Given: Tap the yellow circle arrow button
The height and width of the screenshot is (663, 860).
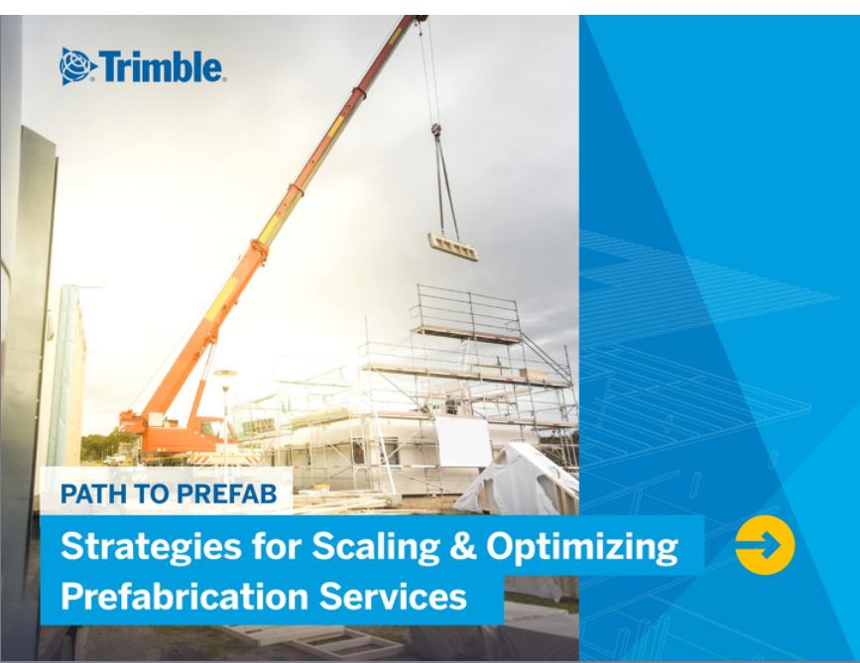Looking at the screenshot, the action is coord(765,545).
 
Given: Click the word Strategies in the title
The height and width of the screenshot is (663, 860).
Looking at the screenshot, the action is coord(151,547).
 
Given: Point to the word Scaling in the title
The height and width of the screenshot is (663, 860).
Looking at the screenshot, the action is coord(376,547).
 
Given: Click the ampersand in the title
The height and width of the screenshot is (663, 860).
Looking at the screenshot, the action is coord(463,546).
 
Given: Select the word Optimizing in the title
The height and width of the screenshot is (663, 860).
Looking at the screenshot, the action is coord(582,547).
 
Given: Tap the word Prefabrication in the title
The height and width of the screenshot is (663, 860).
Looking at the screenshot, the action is coord(184,597).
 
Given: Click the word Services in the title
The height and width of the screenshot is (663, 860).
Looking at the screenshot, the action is coord(393,597).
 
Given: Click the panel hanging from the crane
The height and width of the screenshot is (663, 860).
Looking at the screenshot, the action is coord(453,247).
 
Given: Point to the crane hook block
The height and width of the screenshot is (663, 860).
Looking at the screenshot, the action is coord(436,131).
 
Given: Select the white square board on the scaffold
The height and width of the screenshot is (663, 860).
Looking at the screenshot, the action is coord(464,442).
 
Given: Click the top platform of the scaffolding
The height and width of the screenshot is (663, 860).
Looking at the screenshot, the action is coord(467,332).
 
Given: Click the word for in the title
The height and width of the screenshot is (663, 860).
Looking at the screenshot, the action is coord(277,546).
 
